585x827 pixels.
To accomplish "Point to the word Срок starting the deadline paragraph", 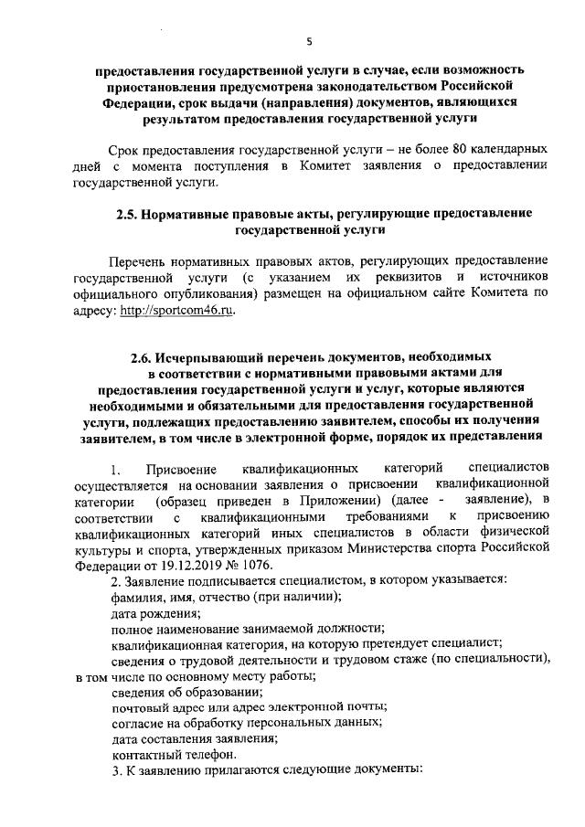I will click(x=122, y=148).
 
